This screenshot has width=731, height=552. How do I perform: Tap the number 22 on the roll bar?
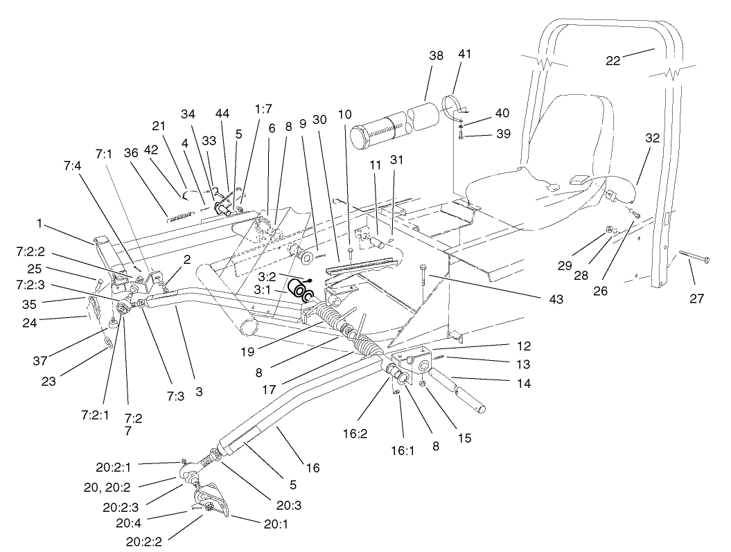613,60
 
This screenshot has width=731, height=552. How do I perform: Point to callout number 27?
696,299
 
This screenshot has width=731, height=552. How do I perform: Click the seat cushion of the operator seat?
527,187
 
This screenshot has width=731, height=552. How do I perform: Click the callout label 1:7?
263,109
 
